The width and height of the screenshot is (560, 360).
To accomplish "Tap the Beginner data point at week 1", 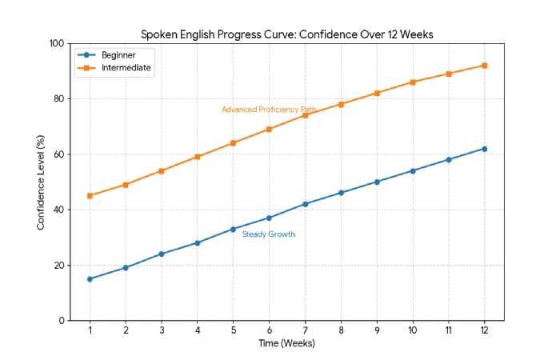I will (90, 279).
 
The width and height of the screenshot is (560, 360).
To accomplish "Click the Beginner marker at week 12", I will (484, 149).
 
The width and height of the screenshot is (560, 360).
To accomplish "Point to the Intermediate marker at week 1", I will (90, 196).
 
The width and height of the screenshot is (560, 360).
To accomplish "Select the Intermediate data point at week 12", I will (484, 66).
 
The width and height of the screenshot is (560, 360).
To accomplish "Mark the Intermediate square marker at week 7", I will (305, 115).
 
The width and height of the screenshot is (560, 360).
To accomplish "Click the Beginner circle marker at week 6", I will (269, 218).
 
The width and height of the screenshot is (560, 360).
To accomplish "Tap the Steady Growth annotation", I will (269, 234).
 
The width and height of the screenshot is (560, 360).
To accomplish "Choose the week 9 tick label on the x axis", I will (377, 330).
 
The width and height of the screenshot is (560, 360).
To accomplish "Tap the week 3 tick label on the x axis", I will (162, 330).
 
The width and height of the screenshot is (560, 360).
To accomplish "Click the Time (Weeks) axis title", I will (286, 344).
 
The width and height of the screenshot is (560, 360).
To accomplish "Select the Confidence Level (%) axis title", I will (41, 182).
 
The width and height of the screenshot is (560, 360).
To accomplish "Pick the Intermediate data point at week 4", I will (198, 157).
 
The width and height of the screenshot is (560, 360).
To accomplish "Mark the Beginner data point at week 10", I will (413, 170).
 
